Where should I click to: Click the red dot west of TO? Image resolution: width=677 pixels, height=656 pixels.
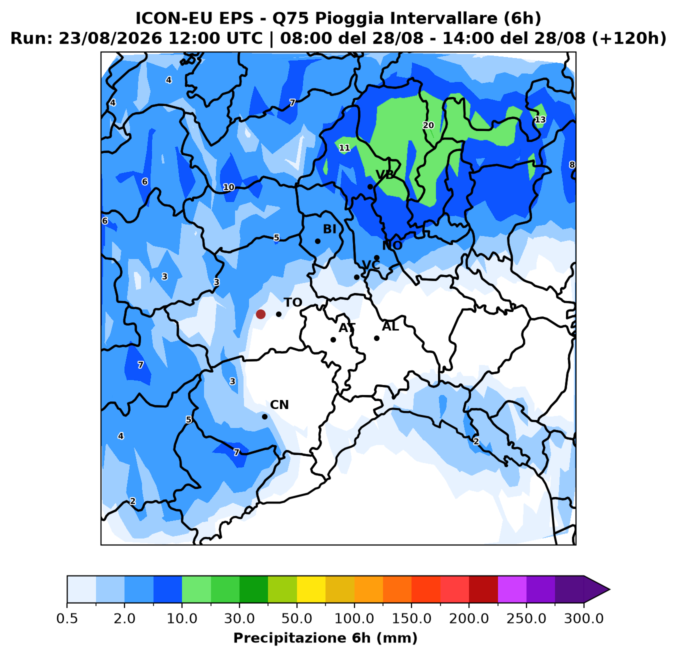coord(260,314)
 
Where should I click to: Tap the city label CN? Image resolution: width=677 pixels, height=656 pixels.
coord(279,405)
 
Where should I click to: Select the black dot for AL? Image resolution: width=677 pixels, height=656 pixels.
coord(376,338)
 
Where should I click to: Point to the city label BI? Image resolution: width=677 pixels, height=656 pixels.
coord(329,229)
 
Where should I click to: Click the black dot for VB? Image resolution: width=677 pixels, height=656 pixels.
coord(370,187)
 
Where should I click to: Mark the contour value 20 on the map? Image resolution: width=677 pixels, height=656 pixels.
coord(428,125)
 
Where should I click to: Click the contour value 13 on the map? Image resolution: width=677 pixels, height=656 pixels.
coord(540,119)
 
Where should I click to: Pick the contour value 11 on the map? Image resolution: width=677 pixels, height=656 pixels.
coord(344,148)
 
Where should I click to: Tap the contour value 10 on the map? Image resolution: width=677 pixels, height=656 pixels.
coord(228,187)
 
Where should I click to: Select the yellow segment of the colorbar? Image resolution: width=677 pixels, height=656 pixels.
coord(311,589)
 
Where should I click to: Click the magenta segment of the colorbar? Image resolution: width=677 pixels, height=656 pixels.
coord(512,589)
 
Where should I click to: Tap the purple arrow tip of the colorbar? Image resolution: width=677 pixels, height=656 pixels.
coord(609,589)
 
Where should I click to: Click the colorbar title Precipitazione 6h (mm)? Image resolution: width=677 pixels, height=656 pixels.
coord(325,638)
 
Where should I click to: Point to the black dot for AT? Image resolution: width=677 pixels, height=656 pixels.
coord(333,339)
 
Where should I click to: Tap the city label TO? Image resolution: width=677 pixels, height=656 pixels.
coord(293,302)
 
